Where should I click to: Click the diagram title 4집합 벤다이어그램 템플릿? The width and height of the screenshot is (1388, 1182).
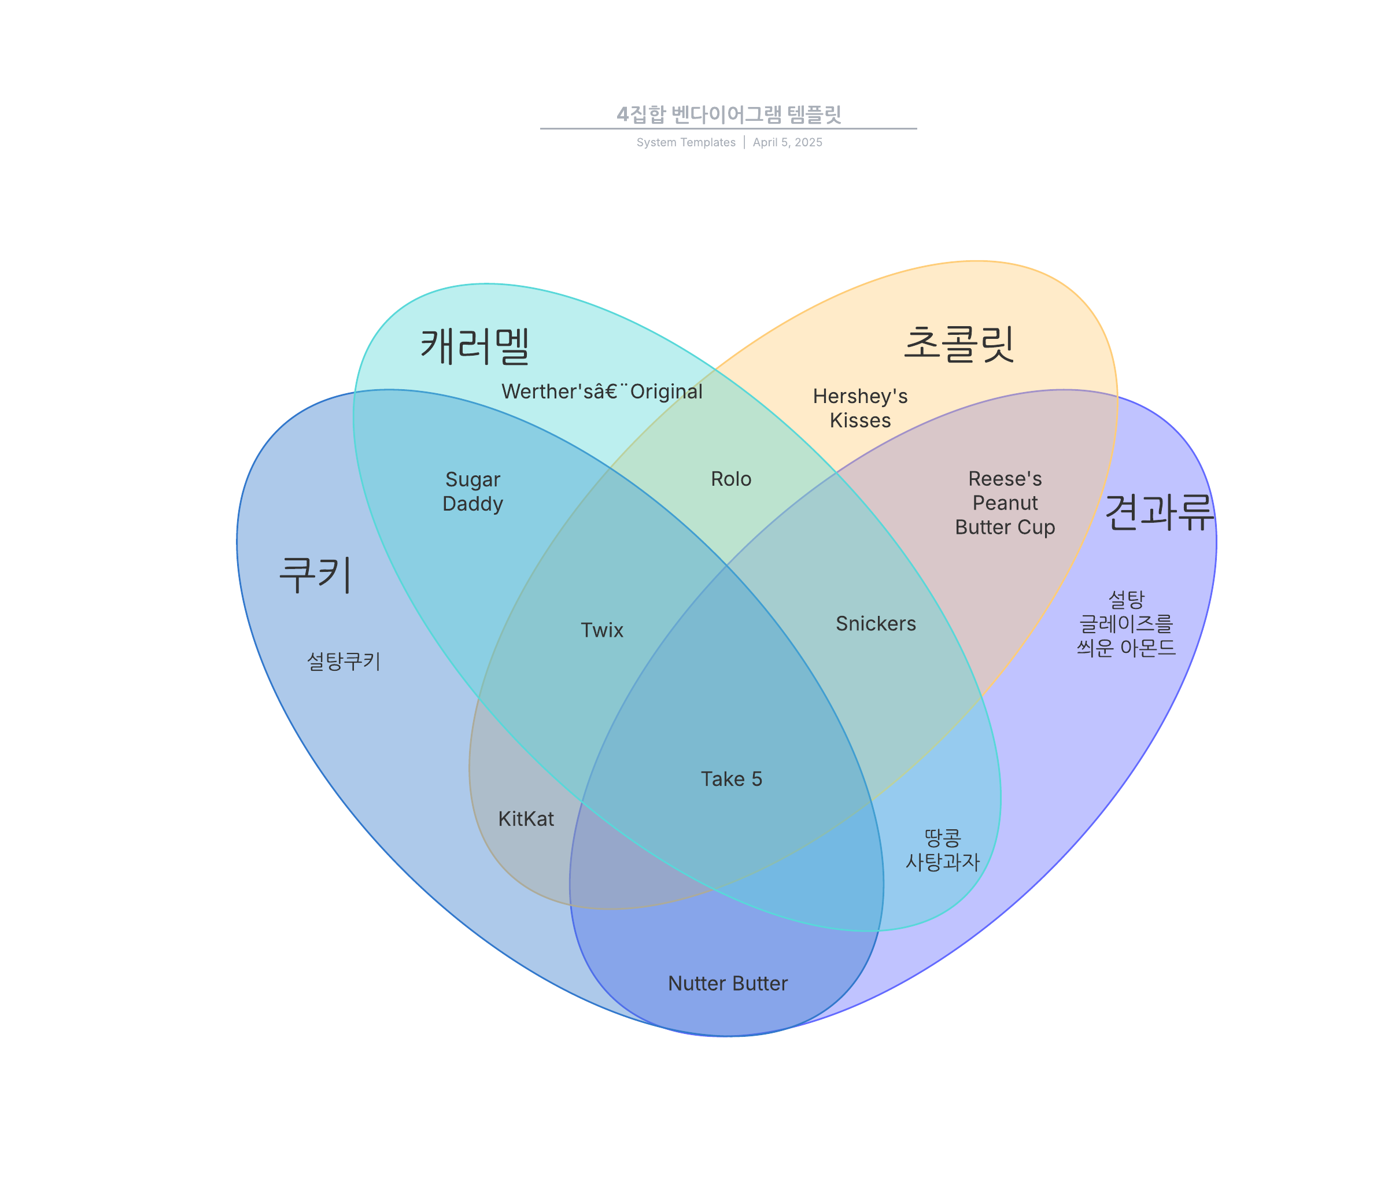tap(729, 114)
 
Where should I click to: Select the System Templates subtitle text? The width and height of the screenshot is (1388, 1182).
tap(686, 143)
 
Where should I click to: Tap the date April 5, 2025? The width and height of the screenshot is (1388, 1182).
tap(787, 143)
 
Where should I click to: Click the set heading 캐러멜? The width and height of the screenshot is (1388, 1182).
tap(475, 346)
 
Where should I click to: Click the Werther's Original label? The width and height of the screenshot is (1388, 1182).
tap(602, 391)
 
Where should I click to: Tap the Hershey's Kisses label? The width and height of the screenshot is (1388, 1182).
tap(860, 408)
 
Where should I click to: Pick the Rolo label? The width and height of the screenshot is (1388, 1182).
tap(731, 479)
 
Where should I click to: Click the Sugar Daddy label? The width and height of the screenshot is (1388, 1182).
tap(473, 492)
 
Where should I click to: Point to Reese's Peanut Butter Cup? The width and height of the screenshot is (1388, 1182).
tap(1005, 503)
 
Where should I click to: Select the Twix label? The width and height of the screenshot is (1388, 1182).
tap(601, 630)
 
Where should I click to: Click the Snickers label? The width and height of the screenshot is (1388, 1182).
tap(876, 623)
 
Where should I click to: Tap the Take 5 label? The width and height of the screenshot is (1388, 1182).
tap(732, 779)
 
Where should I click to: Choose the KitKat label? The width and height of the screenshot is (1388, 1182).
tap(526, 819)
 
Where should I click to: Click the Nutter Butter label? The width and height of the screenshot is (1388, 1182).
tap(728, 983)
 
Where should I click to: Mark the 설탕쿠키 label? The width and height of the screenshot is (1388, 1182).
tap(344, 662)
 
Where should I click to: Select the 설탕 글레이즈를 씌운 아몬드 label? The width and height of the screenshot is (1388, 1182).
tap(1126, 623)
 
